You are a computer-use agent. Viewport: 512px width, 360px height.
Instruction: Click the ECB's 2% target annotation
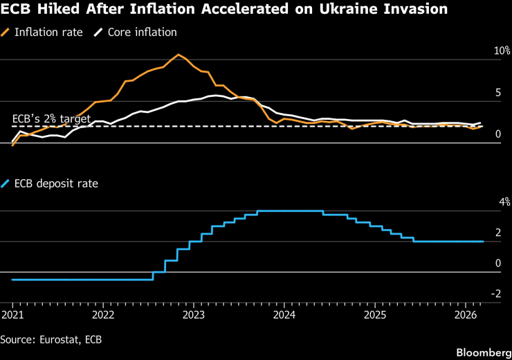[51, 119]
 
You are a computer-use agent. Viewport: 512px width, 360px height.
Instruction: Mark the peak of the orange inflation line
[179, 55]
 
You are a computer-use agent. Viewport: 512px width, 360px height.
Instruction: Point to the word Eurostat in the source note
[58, 339]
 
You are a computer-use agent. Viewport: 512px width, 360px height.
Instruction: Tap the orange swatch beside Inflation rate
[6, 33]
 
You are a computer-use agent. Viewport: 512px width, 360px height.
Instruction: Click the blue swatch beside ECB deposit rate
[6, 183]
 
